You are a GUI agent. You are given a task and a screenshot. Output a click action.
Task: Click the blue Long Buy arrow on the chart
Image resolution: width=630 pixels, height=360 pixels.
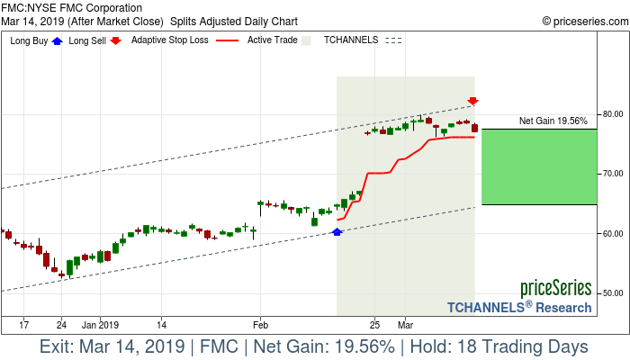pos(337,232)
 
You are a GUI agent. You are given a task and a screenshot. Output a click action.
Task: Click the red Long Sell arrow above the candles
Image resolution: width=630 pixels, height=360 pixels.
pos(472,101)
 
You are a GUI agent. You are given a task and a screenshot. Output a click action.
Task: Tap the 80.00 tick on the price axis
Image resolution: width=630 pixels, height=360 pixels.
pos(613,114)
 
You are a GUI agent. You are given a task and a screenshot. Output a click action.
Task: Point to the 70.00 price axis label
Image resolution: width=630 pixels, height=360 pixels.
pos(613,174)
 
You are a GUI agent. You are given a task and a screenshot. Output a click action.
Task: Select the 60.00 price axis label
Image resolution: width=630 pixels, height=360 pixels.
pos(613,234)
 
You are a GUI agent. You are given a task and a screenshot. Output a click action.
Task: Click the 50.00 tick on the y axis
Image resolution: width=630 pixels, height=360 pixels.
pos(613,293)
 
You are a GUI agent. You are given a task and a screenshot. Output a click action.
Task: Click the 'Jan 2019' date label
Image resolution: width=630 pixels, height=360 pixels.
pos(99,324)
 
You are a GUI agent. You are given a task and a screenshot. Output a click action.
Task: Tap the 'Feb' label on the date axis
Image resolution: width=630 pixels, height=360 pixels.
pos(260,324)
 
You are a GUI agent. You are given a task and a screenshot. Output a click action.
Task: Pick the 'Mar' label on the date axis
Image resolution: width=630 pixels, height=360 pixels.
pos(406,324)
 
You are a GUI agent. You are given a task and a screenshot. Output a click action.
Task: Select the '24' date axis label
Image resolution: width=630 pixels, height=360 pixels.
pos(61,324)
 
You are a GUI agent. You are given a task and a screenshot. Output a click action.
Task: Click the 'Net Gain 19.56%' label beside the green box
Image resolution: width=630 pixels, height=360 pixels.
pos(553,121)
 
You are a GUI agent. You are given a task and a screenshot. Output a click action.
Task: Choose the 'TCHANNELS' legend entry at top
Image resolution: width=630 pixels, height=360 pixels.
pos(351,40)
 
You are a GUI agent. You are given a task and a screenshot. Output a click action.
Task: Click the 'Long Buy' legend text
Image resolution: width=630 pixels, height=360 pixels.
pos(29,40)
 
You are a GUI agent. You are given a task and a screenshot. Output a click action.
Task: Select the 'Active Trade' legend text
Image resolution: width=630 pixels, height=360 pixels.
pos(273,40)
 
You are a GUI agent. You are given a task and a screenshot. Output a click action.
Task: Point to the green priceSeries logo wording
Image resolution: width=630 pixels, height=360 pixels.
pos(555,289)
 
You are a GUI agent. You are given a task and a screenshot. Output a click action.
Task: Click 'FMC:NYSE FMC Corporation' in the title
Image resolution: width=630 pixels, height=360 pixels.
pos(72,8)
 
